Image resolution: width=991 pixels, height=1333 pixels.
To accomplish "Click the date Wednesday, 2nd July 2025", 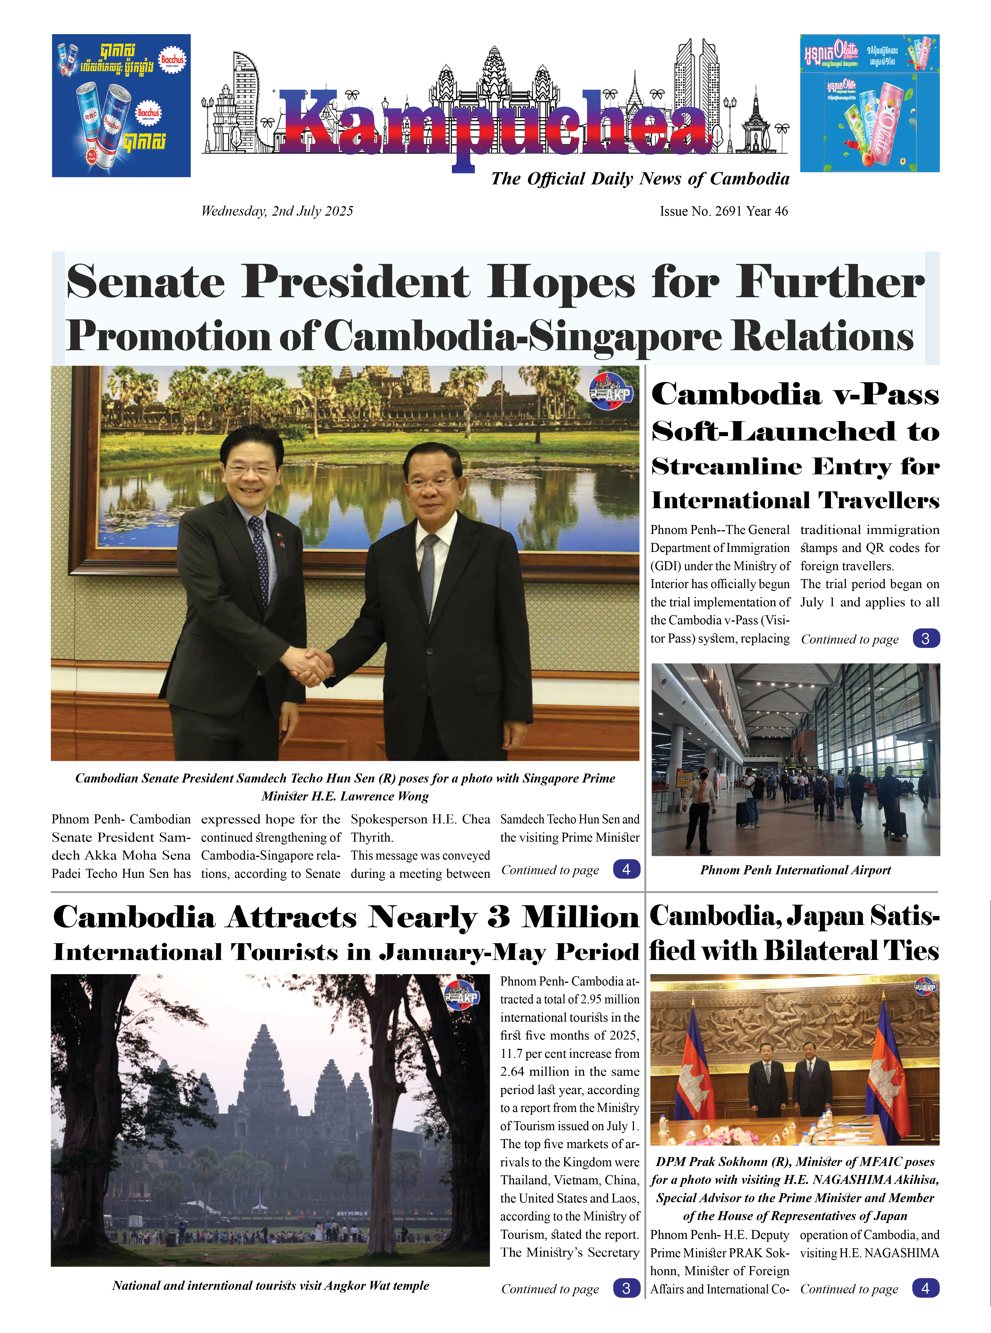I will click(x=277, y=211).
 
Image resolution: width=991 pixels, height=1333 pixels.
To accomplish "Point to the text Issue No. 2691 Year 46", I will click(x=723, y=211).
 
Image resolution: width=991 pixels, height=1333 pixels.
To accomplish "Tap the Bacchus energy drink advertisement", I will click(x=121, y=106).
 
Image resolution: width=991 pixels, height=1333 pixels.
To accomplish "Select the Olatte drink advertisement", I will click(x=869, y=103).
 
